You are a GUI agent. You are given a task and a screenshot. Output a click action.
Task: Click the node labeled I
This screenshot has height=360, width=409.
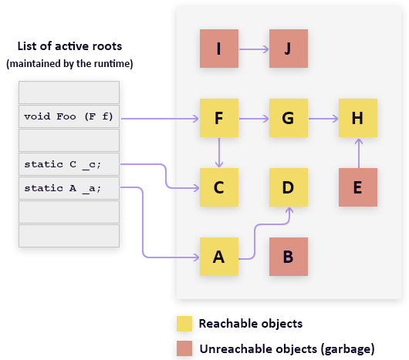[x=219, y=49]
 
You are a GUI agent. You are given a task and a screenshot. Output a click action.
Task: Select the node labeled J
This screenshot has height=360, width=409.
[x=288, y=49]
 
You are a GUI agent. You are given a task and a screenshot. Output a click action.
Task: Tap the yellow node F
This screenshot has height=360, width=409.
[x=219, y=118]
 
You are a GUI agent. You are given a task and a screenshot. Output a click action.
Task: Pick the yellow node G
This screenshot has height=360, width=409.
[x=288, y=118]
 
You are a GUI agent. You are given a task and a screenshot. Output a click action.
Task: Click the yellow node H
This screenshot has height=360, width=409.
[x=357, y=118]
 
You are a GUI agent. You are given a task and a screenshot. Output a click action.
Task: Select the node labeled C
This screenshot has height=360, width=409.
[x=219, y=187]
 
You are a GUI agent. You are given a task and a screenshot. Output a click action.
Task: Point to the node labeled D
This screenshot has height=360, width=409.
[x=288, y=187]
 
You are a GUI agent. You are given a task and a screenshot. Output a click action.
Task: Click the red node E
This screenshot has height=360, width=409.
[x=357, y=187]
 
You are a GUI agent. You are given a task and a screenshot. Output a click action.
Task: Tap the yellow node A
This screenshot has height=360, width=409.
[x=219, y=257]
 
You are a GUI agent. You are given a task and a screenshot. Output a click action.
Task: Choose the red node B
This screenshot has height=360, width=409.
[x=288, y=257]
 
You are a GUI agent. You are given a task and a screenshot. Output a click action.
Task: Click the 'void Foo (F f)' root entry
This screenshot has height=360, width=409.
[x=69, y=117]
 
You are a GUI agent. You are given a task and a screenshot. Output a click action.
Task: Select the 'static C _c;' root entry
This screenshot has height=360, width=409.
[x=69, y=164]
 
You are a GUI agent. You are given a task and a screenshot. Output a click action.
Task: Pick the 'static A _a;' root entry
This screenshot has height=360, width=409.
[x=69, y=188]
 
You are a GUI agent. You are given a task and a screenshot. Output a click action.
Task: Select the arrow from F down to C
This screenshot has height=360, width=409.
[x=219, y=153]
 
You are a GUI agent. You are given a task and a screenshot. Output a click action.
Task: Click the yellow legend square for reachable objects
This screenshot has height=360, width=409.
[x=184, y=324]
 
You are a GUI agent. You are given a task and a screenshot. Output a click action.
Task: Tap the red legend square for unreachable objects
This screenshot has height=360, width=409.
[x=184, y=348]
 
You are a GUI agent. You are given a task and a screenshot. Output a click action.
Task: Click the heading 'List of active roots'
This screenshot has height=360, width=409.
[x=70, y=47]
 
